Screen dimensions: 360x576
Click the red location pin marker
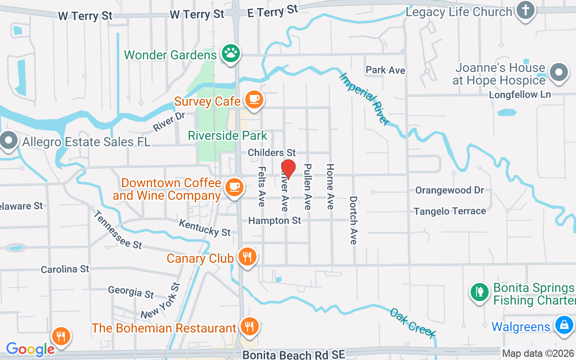coord(288,169)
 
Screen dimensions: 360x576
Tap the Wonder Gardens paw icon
coord(231,54)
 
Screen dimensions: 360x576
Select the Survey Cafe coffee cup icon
coord(254,99)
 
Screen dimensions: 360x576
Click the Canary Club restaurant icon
coord(247,257)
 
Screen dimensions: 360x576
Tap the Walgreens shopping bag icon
coord(563,325)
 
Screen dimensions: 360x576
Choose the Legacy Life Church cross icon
coord(525,10)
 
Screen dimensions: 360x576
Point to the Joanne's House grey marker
coord(558,72)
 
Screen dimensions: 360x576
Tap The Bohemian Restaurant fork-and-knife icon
coord(248,326)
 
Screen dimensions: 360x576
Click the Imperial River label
coord(364,99)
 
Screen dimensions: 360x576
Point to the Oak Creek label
coord(413,323)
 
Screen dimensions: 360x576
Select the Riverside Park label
coord(227,135)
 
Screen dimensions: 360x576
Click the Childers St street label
coord(271,153)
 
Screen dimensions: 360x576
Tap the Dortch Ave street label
coord(353,220)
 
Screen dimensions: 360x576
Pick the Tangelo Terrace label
coord(450,211)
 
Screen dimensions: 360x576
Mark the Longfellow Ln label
coord(520,95)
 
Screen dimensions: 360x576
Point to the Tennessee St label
coord(118,229)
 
